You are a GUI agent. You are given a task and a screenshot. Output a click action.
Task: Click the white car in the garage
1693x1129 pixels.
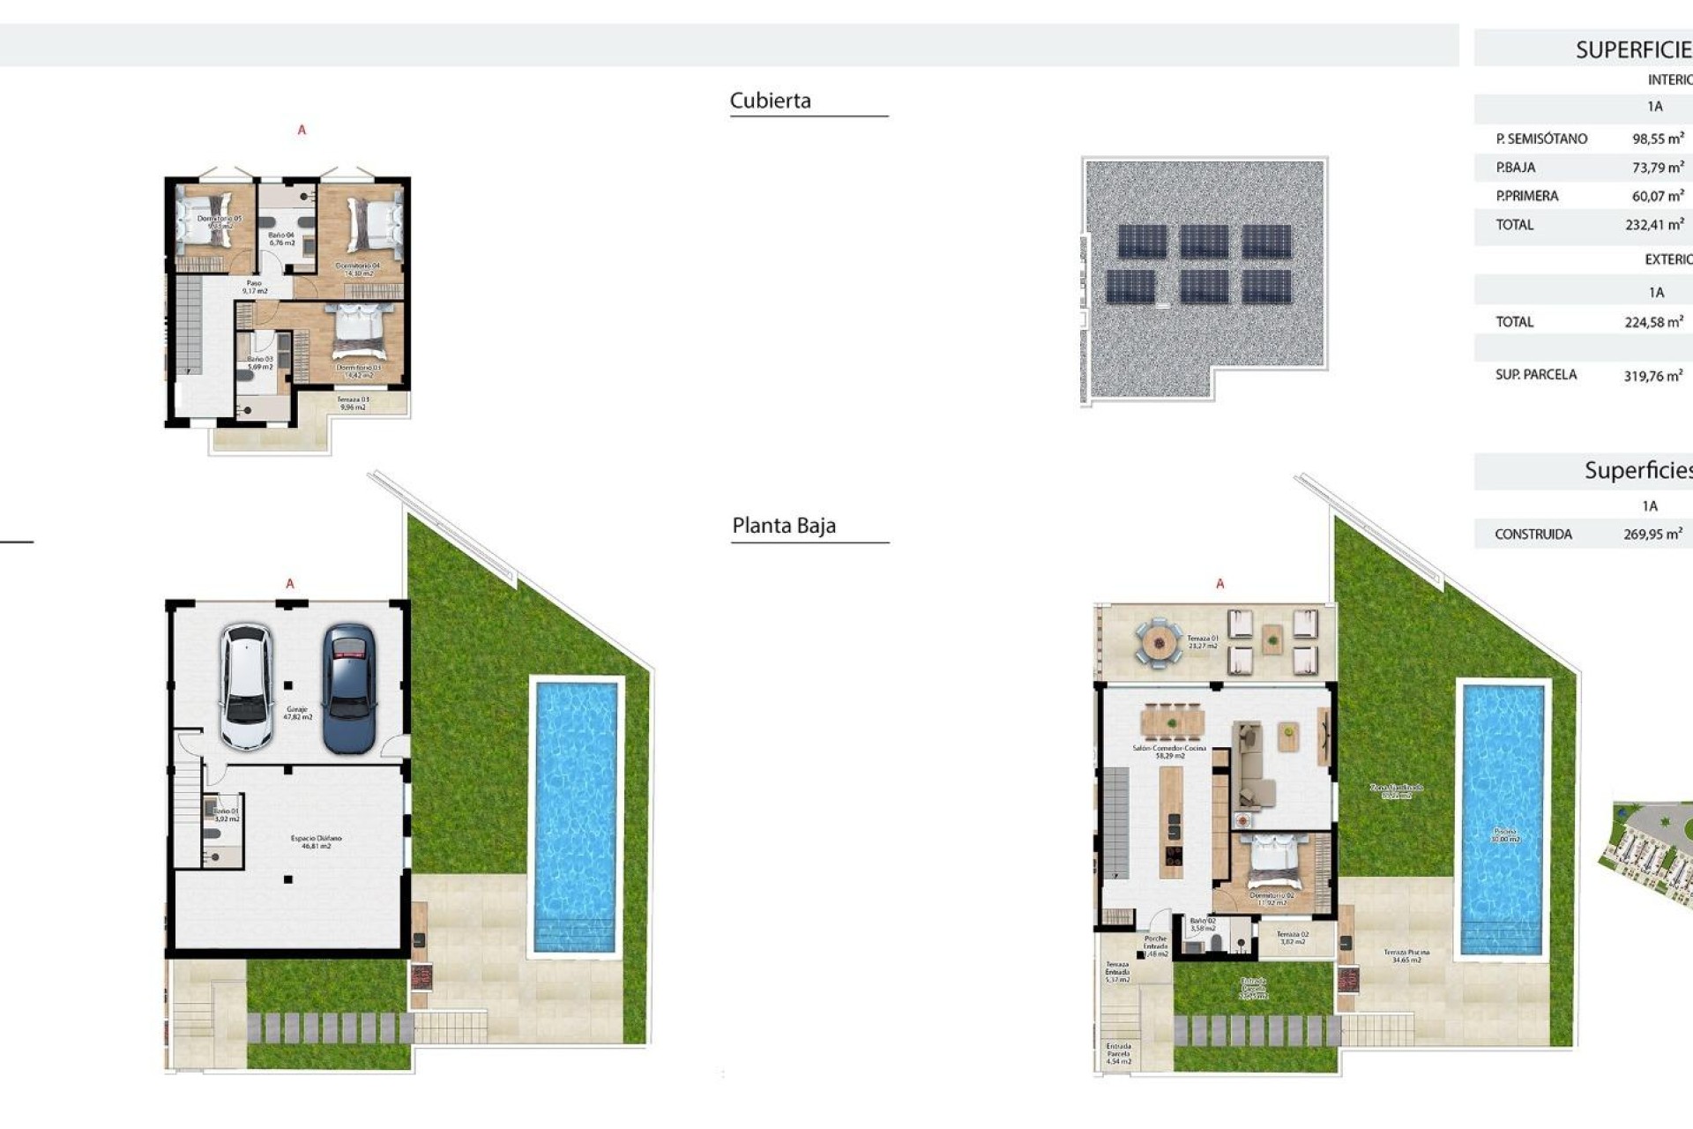246,687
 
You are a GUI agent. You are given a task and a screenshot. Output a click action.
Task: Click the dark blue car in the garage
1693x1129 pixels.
349,689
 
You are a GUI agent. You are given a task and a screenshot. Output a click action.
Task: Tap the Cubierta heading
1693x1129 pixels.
770,101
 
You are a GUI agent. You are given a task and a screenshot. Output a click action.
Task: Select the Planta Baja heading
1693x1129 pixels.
783,526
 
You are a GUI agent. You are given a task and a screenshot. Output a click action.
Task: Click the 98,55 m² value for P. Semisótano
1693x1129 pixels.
1657,138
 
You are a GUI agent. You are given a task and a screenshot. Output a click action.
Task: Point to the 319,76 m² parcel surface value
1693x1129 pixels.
1652,376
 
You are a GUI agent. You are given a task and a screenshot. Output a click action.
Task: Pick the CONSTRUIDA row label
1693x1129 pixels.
1533,535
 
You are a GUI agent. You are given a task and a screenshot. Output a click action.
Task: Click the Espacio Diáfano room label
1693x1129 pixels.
316,841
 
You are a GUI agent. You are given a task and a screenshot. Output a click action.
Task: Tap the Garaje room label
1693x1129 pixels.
297,713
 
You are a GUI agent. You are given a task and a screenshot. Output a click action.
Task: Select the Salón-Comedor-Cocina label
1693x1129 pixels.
1169,751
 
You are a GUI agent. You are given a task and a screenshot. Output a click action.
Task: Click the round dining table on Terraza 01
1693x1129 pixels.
1157,644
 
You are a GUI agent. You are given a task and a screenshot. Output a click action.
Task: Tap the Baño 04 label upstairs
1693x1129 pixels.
281,238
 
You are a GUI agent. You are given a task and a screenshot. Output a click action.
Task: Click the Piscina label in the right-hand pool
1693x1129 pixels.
1504,834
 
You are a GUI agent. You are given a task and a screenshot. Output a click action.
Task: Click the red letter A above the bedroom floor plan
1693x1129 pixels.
302,131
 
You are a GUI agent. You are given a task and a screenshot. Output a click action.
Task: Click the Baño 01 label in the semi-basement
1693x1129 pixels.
226,814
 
